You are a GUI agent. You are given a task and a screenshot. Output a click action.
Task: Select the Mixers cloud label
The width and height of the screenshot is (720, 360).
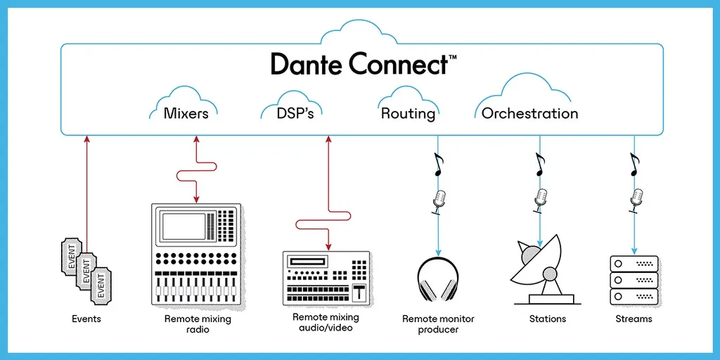(x=186, y=113)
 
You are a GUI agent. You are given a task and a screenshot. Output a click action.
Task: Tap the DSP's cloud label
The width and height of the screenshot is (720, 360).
(x=295, y=113)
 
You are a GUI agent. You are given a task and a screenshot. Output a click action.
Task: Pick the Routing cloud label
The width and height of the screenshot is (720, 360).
(x=409, y=113)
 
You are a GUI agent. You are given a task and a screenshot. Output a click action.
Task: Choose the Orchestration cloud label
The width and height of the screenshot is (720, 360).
(x=529, y=113)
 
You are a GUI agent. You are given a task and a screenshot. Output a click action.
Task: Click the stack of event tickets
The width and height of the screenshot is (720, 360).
(x=86, y=270)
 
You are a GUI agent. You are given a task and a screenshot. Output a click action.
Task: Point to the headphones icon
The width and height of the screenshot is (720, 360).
(x=438, y=281)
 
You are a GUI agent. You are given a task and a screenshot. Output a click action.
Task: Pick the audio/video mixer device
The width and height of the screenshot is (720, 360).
(x=326, y=278)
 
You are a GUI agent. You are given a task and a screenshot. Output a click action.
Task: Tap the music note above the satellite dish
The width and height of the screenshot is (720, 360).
(x=539, y=165)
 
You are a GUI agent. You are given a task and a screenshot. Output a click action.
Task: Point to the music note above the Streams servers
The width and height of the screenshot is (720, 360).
(x=634, y=165)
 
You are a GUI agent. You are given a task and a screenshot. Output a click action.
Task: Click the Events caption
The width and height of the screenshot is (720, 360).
(x=86, y=319)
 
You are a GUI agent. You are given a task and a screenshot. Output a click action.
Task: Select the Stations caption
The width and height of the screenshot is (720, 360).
(x=547, y=319)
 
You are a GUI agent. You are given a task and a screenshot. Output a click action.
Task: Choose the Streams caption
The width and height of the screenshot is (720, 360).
(x=634, y=319)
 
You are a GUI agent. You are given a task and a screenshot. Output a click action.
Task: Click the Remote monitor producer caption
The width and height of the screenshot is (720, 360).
(x=438, y=324)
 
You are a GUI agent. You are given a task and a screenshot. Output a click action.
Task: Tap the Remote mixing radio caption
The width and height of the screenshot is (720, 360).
(x=198, y=324)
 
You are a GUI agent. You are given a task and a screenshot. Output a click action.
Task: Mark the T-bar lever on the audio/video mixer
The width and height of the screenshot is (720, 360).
(x=359, y=292)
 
